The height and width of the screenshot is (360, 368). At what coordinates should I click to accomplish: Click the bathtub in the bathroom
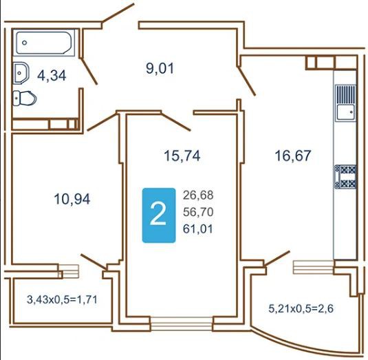pyautogui.click(x=44, y=43)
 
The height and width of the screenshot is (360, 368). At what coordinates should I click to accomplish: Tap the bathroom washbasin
pyautogui.click(x=21, y=73)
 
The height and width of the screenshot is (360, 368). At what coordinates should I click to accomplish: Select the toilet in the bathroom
pyautogui.click(x=25, y=98)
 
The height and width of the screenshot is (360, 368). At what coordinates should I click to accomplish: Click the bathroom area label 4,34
pyautogui.click(x=52, y=76)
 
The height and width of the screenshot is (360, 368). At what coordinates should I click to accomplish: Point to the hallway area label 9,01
pyautogui.click(x=160, y=69)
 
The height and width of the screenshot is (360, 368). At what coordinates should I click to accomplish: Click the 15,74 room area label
pyautogui.click(x=182, y=156)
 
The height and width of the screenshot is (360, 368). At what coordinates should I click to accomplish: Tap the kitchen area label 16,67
pyautogui.click(x=293, y=156)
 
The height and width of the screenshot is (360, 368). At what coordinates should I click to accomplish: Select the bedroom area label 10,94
pyautogui.click(x=72, y=199)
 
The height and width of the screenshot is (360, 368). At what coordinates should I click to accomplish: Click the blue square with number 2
pyautogui.click(x=159, y=215)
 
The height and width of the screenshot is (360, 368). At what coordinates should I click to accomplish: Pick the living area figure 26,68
pyautogui.click(x=198, y=195)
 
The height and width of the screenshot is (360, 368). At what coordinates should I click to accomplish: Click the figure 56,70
pyautogui.click(x=198, y=212)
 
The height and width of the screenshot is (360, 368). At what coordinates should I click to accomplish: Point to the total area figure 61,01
pyautogui.click(x=198, y=229)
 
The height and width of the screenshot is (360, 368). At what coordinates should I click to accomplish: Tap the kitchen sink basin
pyautogui.click(x=345, y=112)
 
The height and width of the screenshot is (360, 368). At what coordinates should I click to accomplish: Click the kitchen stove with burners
pyautogui.click(x=345, y=177)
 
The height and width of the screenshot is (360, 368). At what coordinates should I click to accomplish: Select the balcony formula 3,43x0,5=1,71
pyautogui.click(x=62, y=299)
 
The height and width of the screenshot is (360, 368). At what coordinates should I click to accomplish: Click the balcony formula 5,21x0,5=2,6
pyautogui.click(x=301, y=308)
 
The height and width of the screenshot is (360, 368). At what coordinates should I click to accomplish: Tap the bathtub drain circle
pyautogui.click(x=24, y=43)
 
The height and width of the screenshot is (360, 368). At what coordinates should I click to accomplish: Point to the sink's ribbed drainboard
pyautogui.click(x=345, y=94)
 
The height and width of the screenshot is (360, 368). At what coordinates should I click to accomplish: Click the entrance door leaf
pyautogui.click(x=118, y=13)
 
